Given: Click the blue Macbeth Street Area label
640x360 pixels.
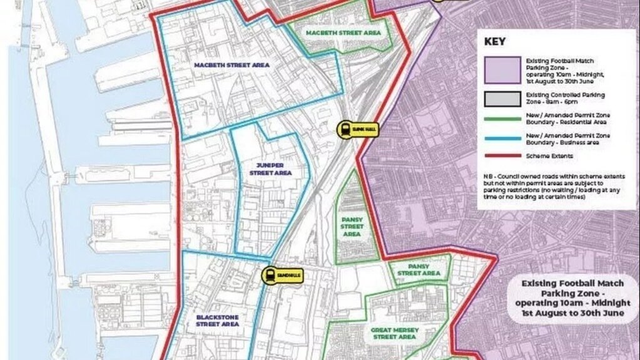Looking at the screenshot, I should (231, 65).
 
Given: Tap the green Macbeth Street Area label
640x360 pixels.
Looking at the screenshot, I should (343, 32).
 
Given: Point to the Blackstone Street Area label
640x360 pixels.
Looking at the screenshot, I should (217, 320).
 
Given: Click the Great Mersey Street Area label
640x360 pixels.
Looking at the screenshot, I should (395, 332).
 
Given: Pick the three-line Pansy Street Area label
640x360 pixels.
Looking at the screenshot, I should (352, 226).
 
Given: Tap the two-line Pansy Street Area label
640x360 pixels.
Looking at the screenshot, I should (419, 269).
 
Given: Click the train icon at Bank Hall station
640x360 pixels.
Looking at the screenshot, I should (345, 130).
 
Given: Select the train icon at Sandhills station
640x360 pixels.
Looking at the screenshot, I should (270, 275).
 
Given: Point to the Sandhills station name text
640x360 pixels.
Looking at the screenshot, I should (290, 275).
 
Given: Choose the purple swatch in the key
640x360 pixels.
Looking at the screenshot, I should (502, 69).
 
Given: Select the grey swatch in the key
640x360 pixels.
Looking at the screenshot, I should (502, 98).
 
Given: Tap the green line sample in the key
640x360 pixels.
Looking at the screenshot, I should (502, 118).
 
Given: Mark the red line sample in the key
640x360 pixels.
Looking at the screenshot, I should (502, 155).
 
